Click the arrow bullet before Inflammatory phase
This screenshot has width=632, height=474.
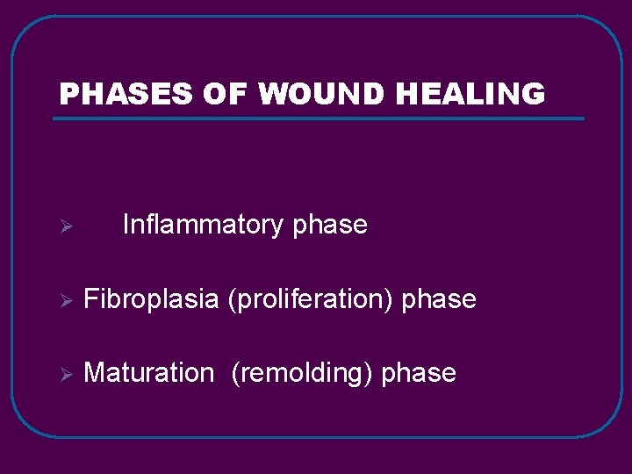pyautogui.click(x=63, y=227)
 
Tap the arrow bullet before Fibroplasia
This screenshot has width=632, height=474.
pyautogui.click(x=63, y=301)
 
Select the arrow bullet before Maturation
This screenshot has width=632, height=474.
pyautogui.click(x=63, y=375)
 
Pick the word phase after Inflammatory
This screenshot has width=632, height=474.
pyautogui.click(x=330, y=226)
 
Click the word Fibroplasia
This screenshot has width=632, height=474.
pyautogui.click(x=151, y=299)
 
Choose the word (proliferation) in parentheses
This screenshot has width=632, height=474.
pyautogui.click(x=311, y=299)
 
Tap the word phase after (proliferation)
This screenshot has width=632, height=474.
pyautogui.click(x=439, y=299)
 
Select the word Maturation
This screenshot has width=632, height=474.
pyautogui.click(x=148, y=373)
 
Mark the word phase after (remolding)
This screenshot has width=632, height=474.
pyautogui.click(x=419, y=373)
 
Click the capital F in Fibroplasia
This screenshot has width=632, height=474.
pyautogui.click(x=90, y=299)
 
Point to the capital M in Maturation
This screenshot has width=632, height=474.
pyautogui.click(x=93, y=373)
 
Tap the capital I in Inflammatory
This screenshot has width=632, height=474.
pyautogui.click(x=126, y=225)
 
